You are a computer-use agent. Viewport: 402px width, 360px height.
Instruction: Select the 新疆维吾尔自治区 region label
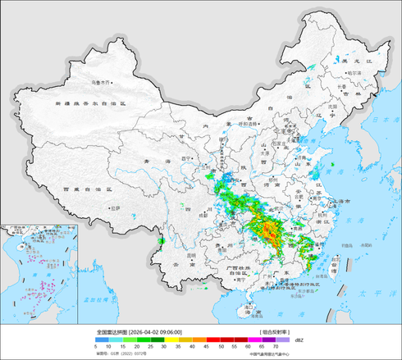90,104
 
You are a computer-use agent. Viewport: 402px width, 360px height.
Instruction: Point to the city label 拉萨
115,208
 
